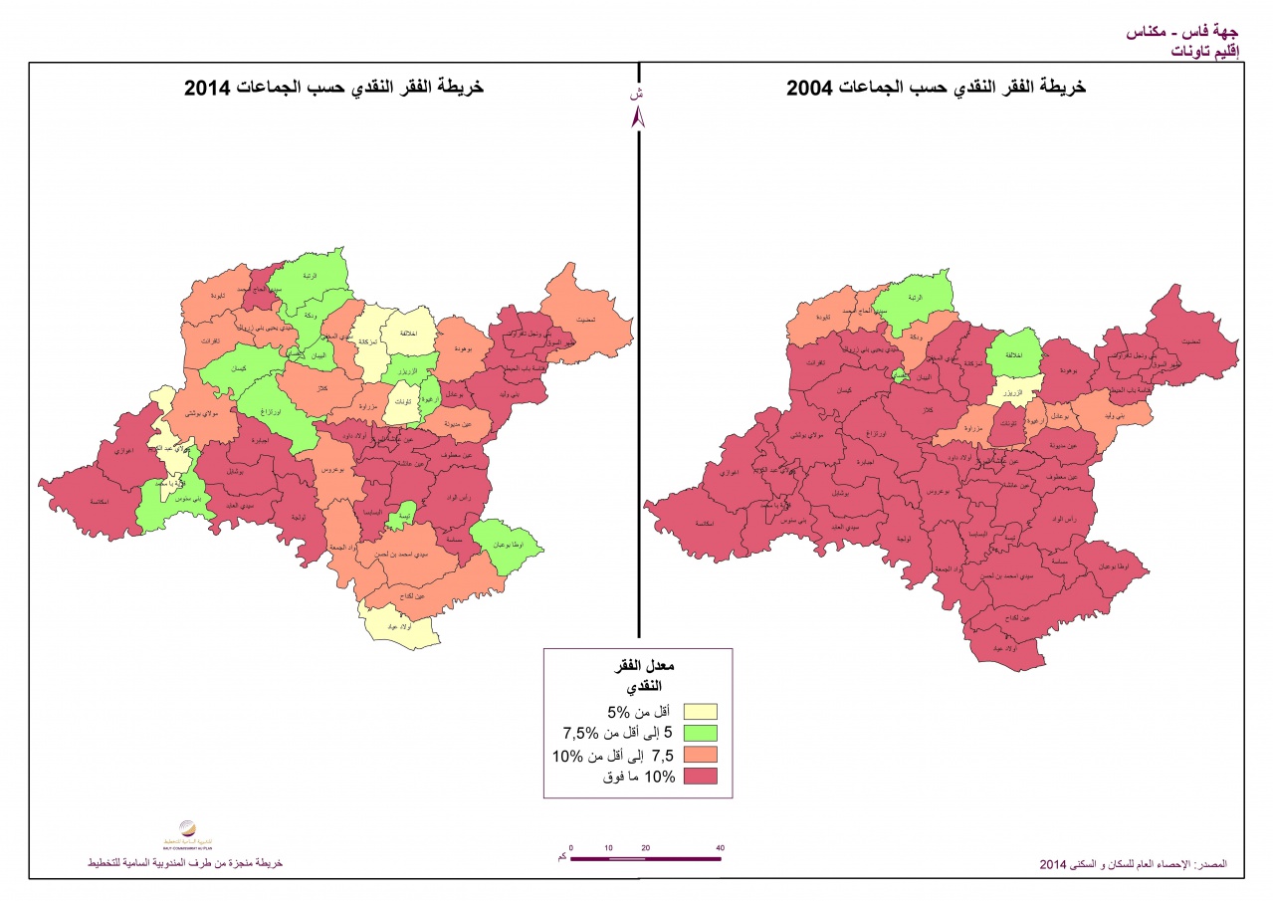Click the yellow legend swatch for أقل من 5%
click(701, 711)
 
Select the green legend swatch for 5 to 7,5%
click(701, 733)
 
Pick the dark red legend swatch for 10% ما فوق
click(701, 777)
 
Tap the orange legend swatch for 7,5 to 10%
click(701, 755)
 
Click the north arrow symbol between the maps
click(639, 115)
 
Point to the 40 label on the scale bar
click(720, 848)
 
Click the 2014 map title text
click(333, 88)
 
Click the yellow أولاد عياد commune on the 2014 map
click(398, 628)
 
